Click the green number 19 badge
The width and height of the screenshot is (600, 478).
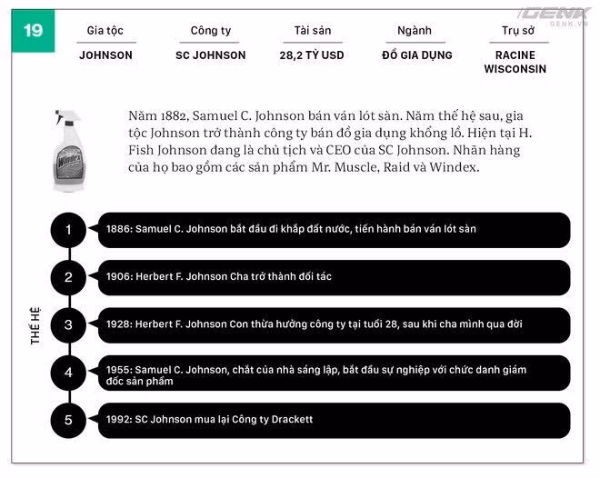tap(33, 30)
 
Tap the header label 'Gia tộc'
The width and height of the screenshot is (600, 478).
tap(105, 30)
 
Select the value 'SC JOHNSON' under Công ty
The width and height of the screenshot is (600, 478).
tap(210, 55)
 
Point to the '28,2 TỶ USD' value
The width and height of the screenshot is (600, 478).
tap(312, 55)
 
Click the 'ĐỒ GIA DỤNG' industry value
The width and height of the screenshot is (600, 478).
tap(415, 55)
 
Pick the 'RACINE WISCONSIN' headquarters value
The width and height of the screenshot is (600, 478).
tap(515, 62)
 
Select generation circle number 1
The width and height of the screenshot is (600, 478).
tap(69, 230)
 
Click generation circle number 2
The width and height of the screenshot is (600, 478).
tap(69, 277)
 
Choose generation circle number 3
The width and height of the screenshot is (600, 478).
tap(69, 324)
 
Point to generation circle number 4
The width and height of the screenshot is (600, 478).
tap(69, 372)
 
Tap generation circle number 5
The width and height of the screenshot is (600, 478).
tap(69, 420)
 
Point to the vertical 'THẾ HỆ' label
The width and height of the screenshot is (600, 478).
tap(36, 324)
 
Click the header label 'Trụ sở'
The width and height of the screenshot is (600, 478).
tap(517, 30)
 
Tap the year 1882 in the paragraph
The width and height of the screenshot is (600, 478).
tap(178, 117)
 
